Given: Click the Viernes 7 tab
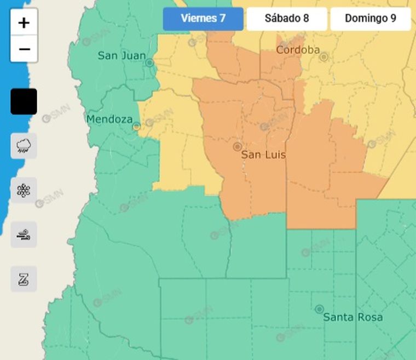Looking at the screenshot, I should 203,19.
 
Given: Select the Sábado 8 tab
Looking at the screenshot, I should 287,19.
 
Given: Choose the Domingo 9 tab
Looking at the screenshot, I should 371,19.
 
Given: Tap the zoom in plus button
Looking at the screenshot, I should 24,23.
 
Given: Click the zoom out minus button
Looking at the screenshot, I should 24,49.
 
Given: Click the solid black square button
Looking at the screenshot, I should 24,101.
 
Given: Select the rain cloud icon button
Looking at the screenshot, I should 24,146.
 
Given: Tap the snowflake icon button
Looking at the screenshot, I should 24,190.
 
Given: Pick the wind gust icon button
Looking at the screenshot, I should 24,235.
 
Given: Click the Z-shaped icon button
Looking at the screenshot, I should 24,279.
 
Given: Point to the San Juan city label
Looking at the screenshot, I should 122,55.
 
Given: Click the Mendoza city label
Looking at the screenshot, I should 109,119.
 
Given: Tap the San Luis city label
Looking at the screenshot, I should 263,155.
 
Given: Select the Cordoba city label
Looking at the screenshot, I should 298,50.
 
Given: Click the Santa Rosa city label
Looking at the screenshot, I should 353,317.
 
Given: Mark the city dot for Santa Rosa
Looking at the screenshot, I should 319,309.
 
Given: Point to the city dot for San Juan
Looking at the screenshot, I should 149,63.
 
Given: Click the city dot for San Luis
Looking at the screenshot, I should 237,146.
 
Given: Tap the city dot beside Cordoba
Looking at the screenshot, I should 323,56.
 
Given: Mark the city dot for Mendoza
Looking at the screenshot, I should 136,126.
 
